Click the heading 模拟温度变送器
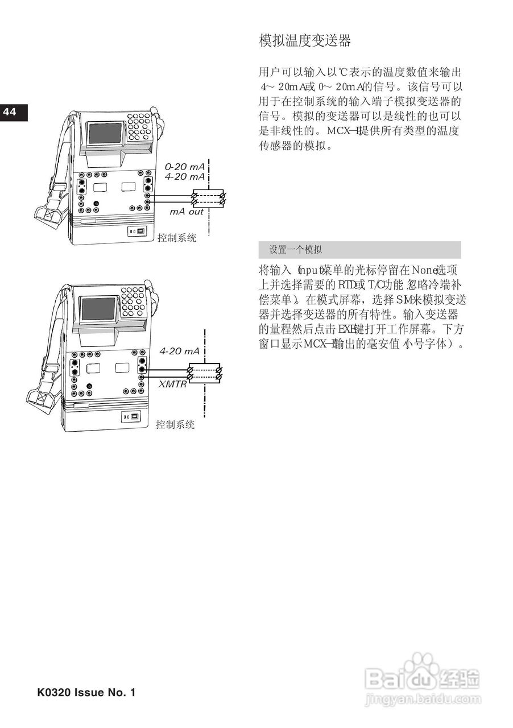pyautogui.click(x=305, y=40)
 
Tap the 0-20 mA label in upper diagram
pyautogui.click(x=184, y=167)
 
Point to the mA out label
pyautogui.click(x=187, y=212)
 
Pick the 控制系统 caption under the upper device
pyautogui.click(x=177, y=238)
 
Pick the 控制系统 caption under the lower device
pyautogui.click(x=175, y=424)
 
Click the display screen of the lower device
pyautogui.click(x=99, y=309)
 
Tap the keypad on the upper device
pyautogui.click(x=139, y=127)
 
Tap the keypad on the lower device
pyautogui.click(x=133, y=301)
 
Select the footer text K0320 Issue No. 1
pyautogui.click(x=86, y=693)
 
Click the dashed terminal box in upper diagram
pyautogui.click(x=208, y=198)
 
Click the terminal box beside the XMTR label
pyautogui.click(x=204, y=373)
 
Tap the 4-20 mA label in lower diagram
pyautogui.click(x=179, y=351)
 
